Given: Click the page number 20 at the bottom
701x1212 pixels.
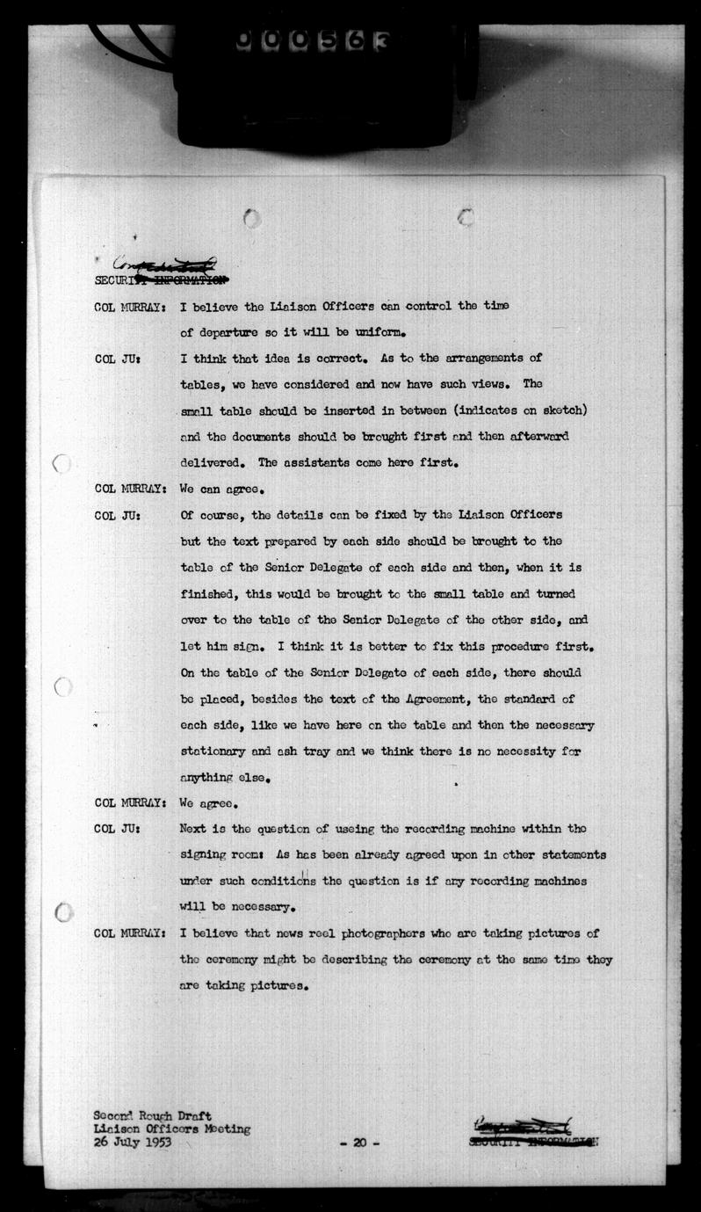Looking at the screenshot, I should click(358, 1143).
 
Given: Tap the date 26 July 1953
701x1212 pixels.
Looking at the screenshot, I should click(133, 1143).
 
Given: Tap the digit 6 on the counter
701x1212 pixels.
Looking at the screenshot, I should click(354, 41).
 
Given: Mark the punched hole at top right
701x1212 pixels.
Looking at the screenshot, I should click(466, 216).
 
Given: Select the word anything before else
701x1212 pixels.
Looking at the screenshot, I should click(212, 777).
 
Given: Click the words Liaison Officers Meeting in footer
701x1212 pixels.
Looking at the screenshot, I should click(172, 1129).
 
